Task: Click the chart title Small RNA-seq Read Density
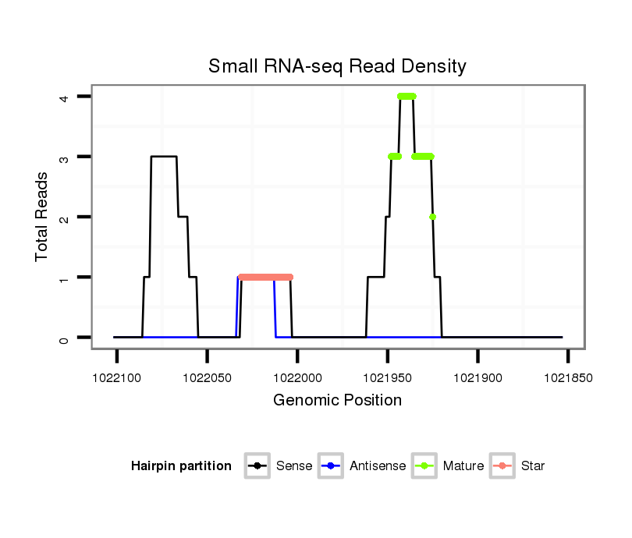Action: [x=337, y=66]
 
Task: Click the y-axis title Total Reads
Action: [x=42, y=216]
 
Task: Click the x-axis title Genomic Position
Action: [x=337, y=401]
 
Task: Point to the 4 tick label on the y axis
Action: [x=64, y=97]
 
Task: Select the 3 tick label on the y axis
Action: [x=64, y=157]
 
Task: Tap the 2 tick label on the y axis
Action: [x=64, y=217]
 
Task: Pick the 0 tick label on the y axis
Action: [x=64, y=338]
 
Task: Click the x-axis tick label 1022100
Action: [x=117, y=377]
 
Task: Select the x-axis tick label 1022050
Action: [x=207, y=377]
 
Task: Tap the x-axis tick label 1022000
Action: [x=297, y=377]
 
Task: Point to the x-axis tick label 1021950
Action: [x=388, y=377]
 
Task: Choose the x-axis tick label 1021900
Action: [x=478, y=377]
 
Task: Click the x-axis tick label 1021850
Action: [x=568, y=377]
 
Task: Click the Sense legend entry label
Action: [x=293, y=466]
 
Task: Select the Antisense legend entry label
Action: [x=378, y=466]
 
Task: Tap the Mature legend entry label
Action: [x=463, y=466]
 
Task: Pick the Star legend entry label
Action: [x=533, y=466]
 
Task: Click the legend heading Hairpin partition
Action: [x=181, y=466]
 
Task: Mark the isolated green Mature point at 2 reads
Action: [x=432, y=217]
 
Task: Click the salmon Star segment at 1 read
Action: [x=265, y=277]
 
